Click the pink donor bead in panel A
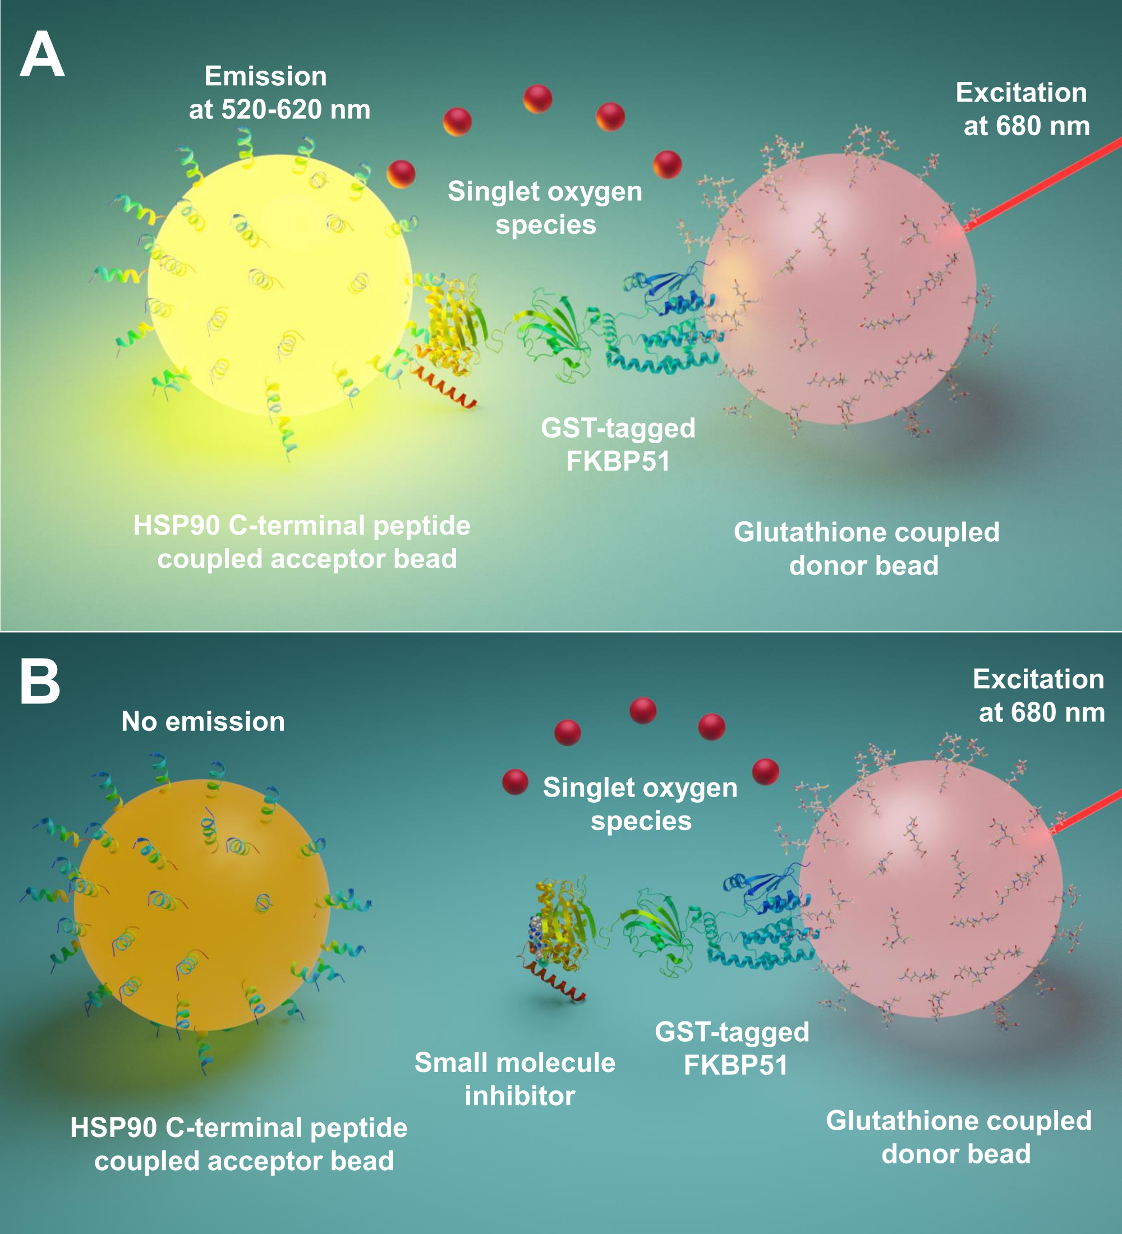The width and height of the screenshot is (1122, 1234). pos(839,288)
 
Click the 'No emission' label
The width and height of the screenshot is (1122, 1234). pos(203,722)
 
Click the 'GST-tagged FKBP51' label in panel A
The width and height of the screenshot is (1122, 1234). pos(618,444)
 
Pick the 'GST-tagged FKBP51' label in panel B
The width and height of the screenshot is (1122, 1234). pos(733,1048)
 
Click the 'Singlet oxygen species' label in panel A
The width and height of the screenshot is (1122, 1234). pos(545,208)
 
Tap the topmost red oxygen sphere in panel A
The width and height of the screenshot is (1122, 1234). pos(537,99)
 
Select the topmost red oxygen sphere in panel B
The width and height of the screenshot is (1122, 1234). pos(643,711)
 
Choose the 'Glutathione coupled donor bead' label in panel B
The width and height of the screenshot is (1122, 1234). pos(958,1138)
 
